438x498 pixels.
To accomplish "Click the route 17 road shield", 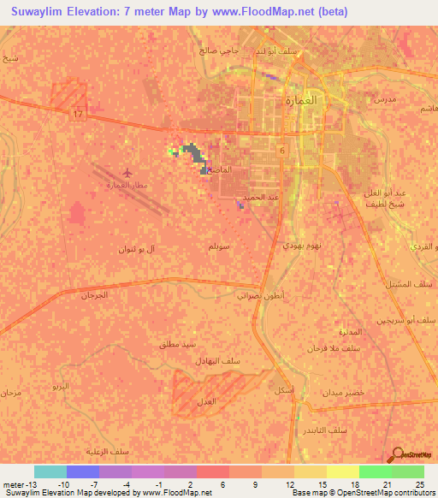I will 78,115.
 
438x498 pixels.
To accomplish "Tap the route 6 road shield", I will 283,150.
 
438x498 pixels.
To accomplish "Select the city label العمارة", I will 300,99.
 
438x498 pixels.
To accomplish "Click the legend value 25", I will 419,485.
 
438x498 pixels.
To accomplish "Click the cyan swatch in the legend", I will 50,471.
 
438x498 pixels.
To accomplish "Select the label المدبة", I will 329,332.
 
